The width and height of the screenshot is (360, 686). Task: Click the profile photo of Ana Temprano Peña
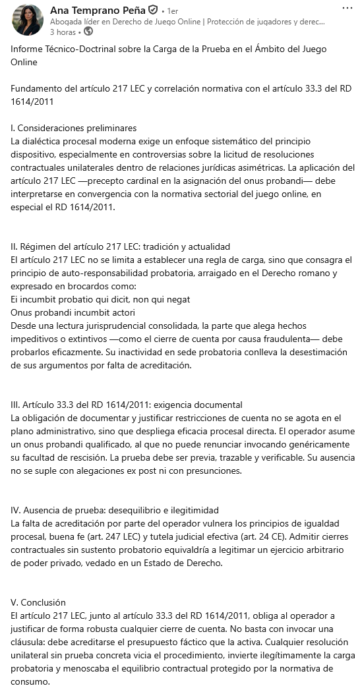27,20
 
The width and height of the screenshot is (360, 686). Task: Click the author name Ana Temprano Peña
98,11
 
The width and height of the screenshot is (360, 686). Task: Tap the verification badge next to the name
153,11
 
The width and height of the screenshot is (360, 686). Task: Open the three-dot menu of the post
347,9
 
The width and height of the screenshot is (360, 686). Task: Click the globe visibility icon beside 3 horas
88,31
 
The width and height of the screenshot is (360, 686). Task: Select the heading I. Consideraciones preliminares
74,128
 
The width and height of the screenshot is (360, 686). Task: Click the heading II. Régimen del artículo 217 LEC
120,247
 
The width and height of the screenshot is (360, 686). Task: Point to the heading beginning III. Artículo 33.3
127,405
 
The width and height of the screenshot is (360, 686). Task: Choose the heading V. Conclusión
38,602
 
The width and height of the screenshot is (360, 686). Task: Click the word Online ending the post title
24,62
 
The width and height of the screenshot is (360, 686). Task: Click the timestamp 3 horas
63,31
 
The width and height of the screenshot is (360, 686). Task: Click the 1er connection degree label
172,11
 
